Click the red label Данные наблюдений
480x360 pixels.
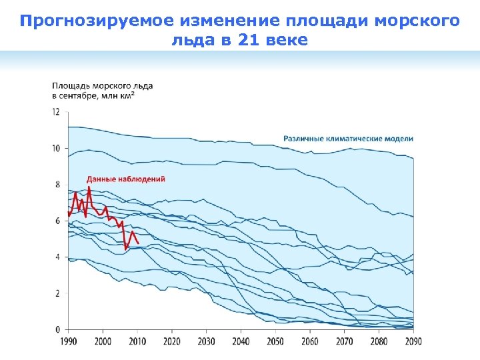click(x=126, y=179)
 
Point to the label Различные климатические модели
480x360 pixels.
click(x=348, y=139)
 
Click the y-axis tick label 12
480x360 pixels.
click(x=56, y=112)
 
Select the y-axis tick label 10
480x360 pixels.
click(x=56, y=149)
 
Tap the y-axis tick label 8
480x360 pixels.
click(x=57, y=185)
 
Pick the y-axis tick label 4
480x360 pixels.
click(x=57, y=257)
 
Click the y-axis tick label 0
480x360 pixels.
click(x=57, y=329)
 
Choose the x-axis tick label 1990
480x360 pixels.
click(x=68, y=341)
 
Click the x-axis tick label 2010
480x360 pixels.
click(x=137, y=341)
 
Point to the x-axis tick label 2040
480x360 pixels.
click(x=241, y=341)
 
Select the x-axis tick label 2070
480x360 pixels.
click(x=344, y=341)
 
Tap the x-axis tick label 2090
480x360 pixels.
click(x=413, y=341)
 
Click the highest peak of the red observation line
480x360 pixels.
click(x=89, y=187)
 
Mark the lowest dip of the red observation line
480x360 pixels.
click(x=126, y=249)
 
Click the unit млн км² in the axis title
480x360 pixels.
click(x=119, y=96)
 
